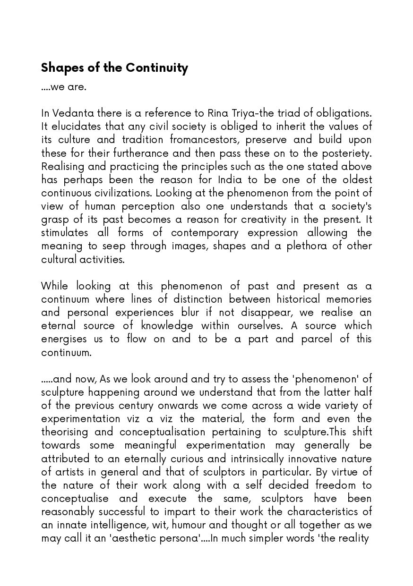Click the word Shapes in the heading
(x=59, y=68)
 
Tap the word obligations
(x=345, y=113)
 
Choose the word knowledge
(x=167, y=325)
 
